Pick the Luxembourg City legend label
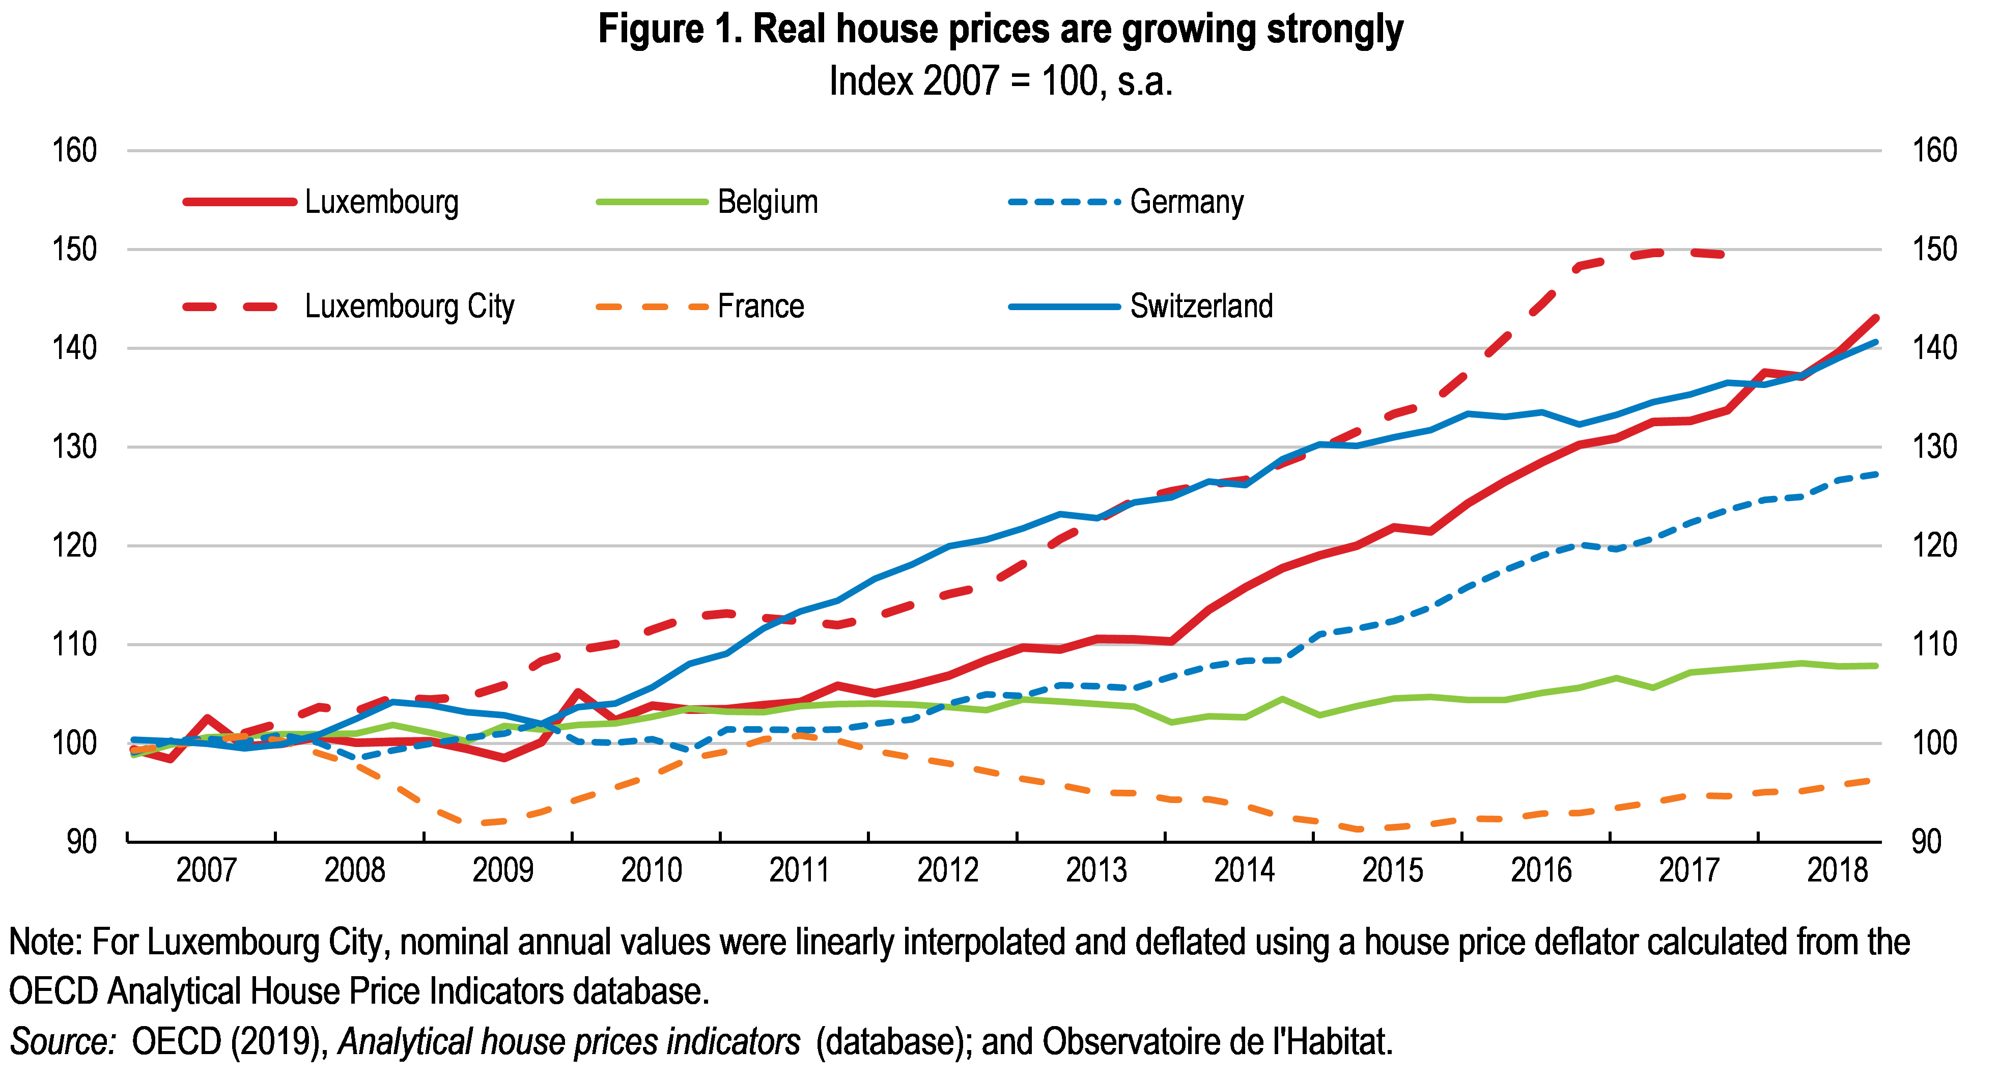click(409, 306)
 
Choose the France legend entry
click(761, 306)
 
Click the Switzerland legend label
click(1201, 306)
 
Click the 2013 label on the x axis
click(1096, 870)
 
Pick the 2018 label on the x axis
click(1838, 870)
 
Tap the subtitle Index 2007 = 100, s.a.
click(1000, 81)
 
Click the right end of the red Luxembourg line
click(1876, 318)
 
